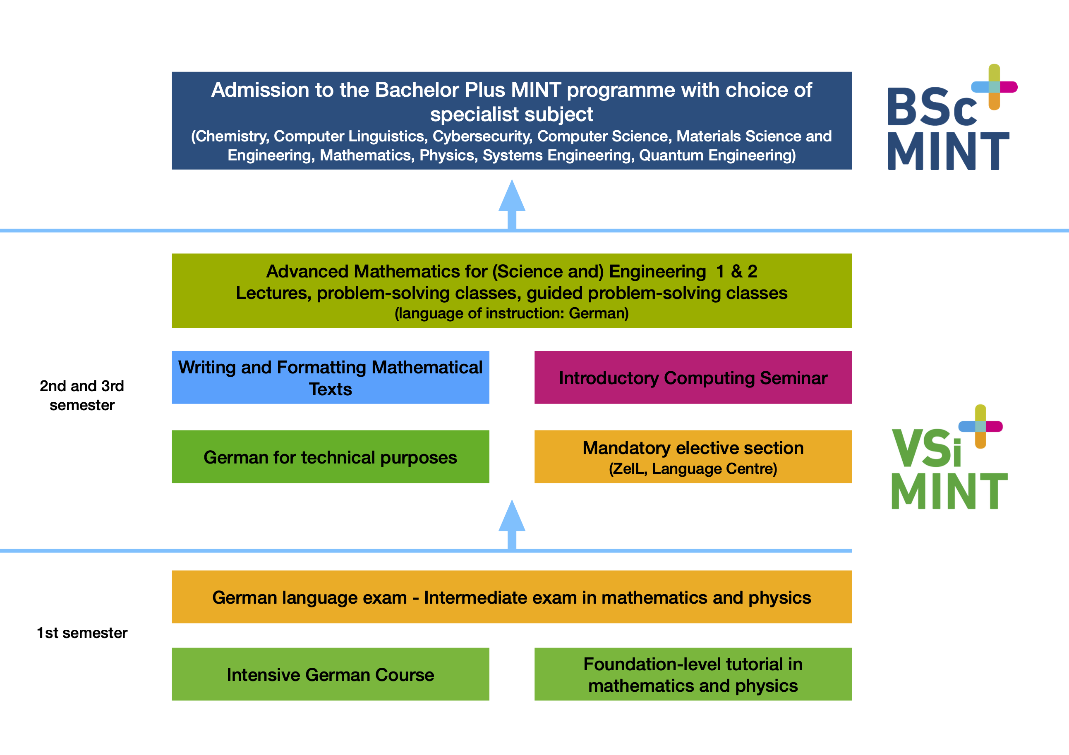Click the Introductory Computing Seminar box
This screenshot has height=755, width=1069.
coord(693,377)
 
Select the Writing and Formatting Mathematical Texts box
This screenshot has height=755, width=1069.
coord(331,377)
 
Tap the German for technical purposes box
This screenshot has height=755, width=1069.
coord(331,456)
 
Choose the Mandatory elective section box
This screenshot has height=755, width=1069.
coord(693,456)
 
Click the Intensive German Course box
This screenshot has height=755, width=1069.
coord(331,674)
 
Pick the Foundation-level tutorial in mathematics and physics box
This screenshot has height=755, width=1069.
coord(693,674)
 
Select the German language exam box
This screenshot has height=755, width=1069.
coord(512,597)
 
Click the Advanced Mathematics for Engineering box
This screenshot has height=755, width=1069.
coord(512,290)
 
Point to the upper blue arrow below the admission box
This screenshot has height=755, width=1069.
coord(512,205)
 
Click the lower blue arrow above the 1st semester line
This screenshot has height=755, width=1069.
coord(512,525)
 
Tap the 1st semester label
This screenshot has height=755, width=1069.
coord(82,633)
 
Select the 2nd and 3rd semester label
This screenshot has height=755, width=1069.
coord(82,395)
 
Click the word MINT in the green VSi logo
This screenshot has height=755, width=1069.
coord(949,491)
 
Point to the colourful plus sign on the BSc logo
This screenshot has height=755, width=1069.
coord(994,87)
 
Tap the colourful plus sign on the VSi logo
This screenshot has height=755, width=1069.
coord(980,426)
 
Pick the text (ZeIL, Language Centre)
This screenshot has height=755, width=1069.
coord(693,469)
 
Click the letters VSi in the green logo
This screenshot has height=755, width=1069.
coord(927,447)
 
